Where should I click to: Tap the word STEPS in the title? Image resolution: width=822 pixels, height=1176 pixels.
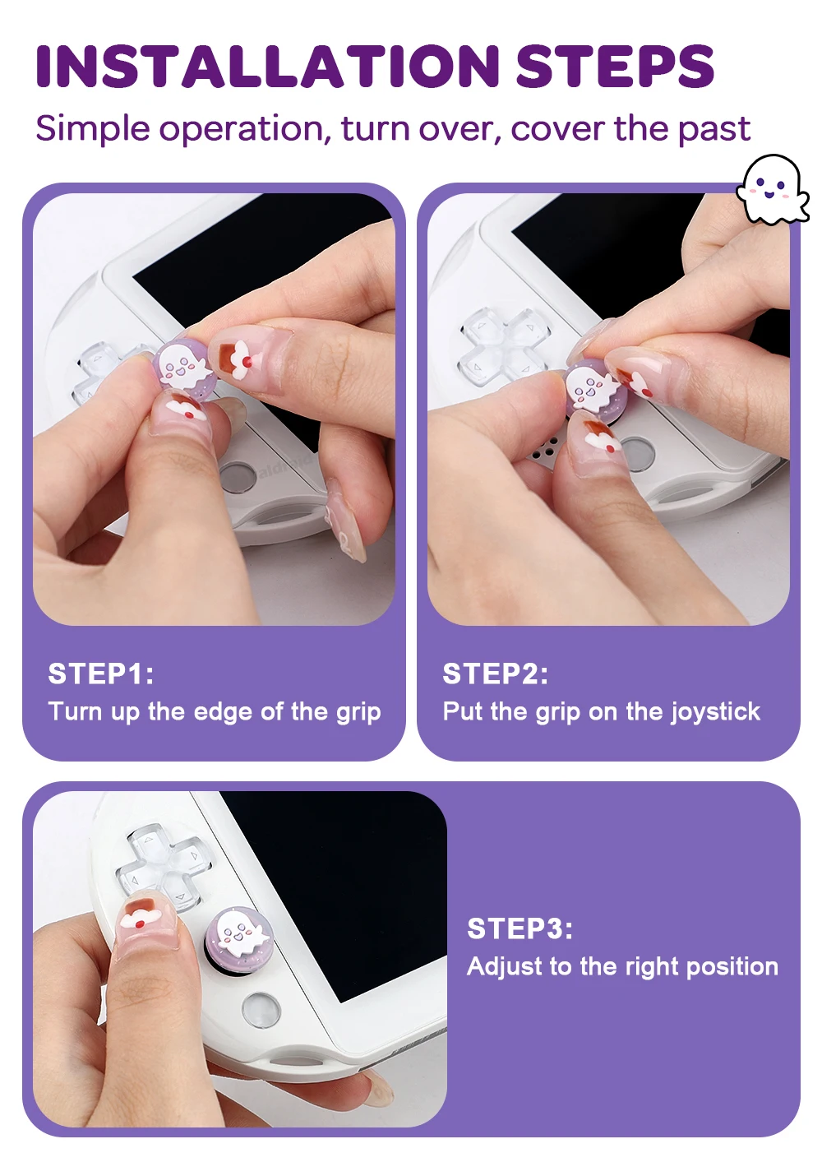pos(615,66)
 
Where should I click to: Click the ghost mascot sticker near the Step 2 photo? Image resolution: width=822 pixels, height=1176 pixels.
pos(772,189)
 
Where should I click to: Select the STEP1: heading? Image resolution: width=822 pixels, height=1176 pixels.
pos(101,674)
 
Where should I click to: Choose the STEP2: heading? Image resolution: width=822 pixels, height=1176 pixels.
pos(495,674)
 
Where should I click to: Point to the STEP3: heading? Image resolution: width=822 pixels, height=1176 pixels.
pos(520,928)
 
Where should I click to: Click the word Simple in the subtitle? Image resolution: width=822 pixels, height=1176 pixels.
pos(93,129)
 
